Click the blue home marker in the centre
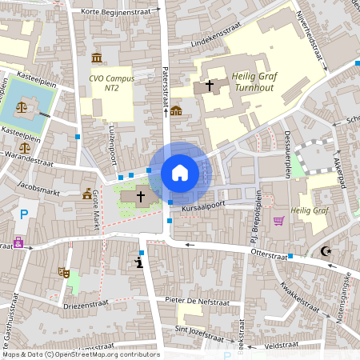(180, 172)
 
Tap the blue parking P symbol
(24, 214)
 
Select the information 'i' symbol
(139, 261)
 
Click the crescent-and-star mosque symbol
(326, 251)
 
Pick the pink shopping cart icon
(278, 221)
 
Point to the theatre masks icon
(63, 272)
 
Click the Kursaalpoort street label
(204, 207)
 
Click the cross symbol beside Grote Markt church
(141, 195)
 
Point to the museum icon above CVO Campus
(97, 58)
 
